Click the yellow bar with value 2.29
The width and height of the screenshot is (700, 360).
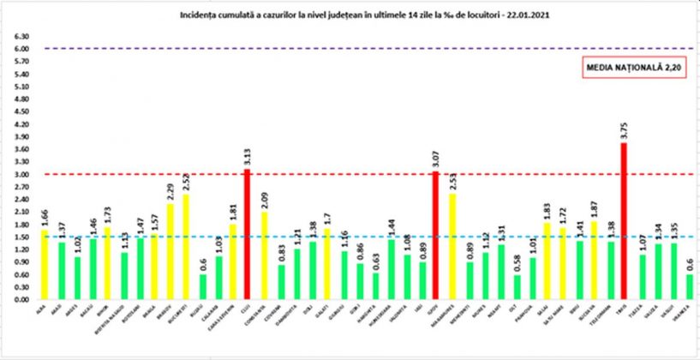tap(169, 252)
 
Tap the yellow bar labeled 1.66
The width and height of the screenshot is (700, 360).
tap(45, 265)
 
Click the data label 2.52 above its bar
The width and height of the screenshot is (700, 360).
tap(185, 182)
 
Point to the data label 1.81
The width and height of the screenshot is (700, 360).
tap(232, 211)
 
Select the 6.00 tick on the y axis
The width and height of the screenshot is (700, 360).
tap(21, 50)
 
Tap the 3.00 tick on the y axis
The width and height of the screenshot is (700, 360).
tap(21, 175)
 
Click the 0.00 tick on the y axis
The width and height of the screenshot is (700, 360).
tap(21, 300)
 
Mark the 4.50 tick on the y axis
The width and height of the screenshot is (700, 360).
tap(21, 112)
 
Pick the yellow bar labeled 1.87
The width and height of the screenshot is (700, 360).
tap(592, 261)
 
